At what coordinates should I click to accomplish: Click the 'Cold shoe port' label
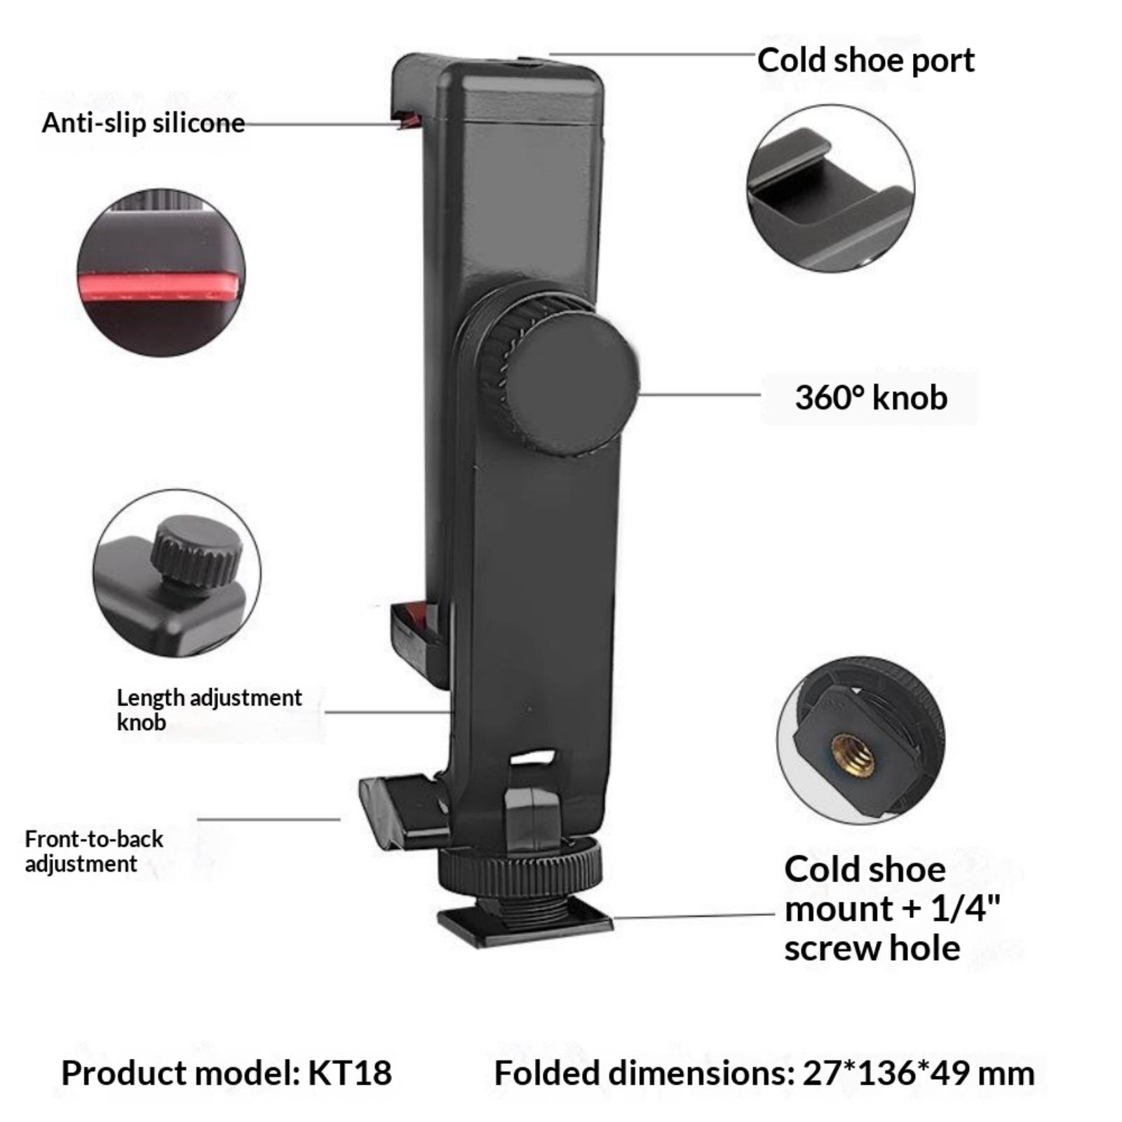pos(865,60)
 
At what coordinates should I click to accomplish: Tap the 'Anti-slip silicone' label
pos(143,123)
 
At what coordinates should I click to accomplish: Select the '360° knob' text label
pos(871,398)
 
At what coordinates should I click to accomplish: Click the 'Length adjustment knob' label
pos(209,710)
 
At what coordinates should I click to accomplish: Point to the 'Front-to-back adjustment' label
pos(94,851)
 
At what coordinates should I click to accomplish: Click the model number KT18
pos(350,1073)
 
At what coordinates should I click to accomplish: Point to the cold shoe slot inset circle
pos(830,189)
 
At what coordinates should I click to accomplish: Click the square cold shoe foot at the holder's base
pos(525,925)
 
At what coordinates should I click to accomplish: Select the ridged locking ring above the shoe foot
pos(520,866)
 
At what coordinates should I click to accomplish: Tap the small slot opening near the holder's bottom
pos(534,757)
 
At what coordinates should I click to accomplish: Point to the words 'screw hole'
pos(872,949)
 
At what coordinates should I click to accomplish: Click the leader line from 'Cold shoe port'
pos(653,53)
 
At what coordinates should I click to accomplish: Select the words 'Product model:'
pos(181,1073)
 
